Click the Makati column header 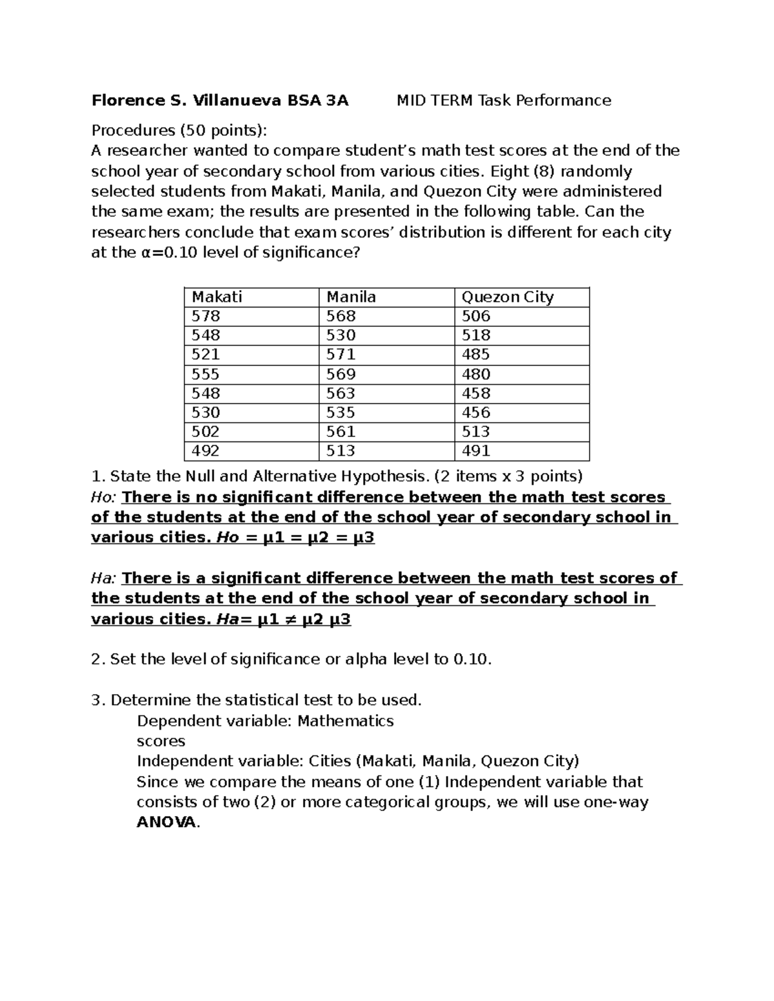pos(217,297)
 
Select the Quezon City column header pos(507,297)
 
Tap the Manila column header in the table pos(351,297)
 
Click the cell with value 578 pos(206,316)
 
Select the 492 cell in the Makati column pos(206,451)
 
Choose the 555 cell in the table pos(206,374)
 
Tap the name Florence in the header pos(128,101)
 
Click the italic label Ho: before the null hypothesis pos(104,498)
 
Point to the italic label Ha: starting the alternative pos(104,578)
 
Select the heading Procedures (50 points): pos(179,131)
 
